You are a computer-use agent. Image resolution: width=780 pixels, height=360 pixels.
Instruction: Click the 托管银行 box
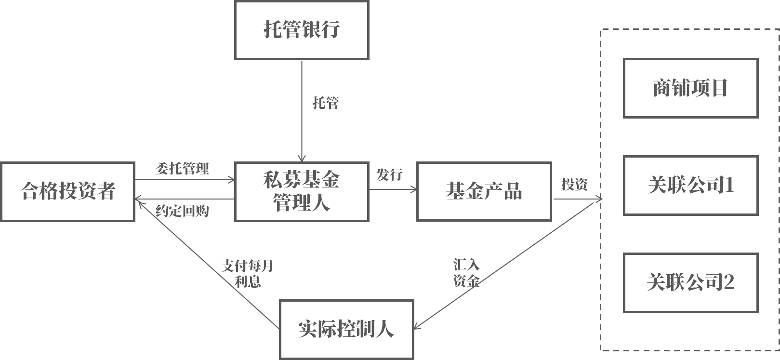point(302,30)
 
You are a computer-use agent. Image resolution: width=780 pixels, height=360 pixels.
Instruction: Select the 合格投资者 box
point(67,191)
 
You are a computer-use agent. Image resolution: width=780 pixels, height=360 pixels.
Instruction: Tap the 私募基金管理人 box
point(302,191)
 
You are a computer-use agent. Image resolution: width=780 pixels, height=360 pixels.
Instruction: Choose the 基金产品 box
point(484,191)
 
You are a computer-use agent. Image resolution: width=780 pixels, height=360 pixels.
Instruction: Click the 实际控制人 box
point(346,329)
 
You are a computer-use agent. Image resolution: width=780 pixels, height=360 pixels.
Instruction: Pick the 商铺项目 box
point(690,88)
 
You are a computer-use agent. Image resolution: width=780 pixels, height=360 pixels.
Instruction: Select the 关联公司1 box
point(690,185)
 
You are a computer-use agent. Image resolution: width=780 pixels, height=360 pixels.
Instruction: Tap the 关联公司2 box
point(690,282)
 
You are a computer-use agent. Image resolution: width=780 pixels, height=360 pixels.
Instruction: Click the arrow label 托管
point(326,103)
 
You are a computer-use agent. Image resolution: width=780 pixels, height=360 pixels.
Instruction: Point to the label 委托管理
point(183,169)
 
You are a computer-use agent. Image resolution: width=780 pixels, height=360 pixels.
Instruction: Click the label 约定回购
point(183,211)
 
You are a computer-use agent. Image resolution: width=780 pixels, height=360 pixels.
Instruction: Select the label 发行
point(389,174)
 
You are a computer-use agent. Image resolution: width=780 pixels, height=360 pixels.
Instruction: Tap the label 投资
point(574,184)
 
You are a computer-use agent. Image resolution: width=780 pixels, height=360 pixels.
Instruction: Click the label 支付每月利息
point(247,273)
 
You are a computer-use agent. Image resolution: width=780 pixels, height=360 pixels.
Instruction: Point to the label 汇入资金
point(466,273)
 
